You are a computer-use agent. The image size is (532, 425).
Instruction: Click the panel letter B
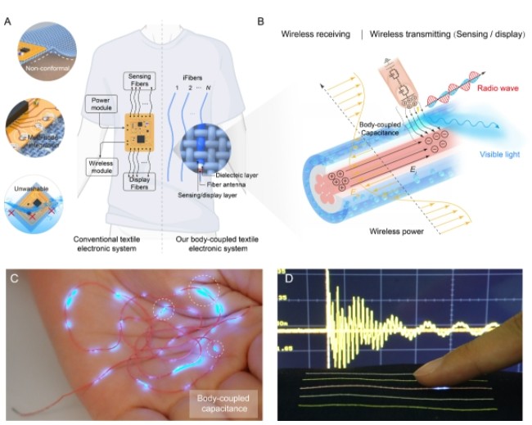260,16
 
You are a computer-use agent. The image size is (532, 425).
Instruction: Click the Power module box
101,105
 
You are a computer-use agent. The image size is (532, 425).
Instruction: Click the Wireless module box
101,165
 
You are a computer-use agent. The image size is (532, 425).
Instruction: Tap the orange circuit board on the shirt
143,131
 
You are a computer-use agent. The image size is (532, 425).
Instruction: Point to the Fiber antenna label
228,184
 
